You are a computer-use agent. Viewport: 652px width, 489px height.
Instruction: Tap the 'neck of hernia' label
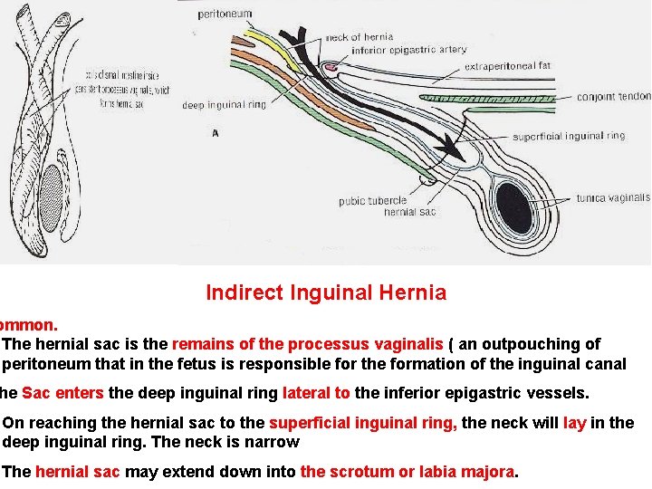360,37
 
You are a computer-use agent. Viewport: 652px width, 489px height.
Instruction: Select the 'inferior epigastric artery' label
409,50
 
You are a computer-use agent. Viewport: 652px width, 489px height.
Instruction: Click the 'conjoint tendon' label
613,96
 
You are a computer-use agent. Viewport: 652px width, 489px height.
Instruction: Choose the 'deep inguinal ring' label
224,105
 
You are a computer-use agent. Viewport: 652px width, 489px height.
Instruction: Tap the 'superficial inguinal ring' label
569,136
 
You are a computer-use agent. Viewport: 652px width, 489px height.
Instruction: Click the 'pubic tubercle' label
372,201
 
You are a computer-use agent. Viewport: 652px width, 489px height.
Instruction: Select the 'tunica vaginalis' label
613,197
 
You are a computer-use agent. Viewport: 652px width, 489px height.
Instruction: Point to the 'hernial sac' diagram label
410,212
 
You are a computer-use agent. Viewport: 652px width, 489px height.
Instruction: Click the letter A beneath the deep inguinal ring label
215,132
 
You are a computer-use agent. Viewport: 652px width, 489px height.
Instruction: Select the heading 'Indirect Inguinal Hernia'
326,292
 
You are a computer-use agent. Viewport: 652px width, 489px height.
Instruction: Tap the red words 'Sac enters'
62,393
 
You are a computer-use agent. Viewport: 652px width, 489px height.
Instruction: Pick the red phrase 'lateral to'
316,393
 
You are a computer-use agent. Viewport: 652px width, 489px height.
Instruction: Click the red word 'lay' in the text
574,423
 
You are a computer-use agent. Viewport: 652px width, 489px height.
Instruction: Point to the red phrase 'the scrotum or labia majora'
407,472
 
